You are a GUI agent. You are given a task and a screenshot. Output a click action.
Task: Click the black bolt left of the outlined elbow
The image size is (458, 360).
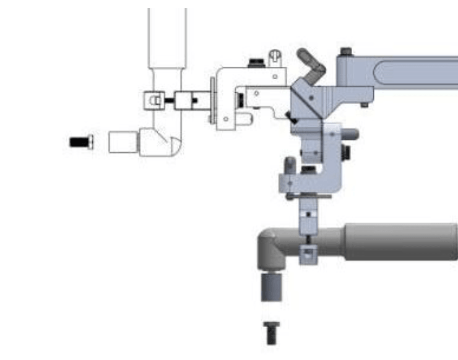[x=80, y=142]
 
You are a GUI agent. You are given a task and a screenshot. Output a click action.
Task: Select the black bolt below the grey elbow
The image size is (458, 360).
[x=271, y=333]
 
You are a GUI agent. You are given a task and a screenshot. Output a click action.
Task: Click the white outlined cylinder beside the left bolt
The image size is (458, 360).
[x=122, y=142]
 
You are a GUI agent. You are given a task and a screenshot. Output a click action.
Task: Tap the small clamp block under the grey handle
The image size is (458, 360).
[x=308, y=252]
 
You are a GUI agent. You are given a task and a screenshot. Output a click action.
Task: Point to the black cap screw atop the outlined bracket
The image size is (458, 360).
[x=254, y=62]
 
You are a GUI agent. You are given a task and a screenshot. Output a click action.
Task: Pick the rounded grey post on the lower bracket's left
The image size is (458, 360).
[x=290, y=166]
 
